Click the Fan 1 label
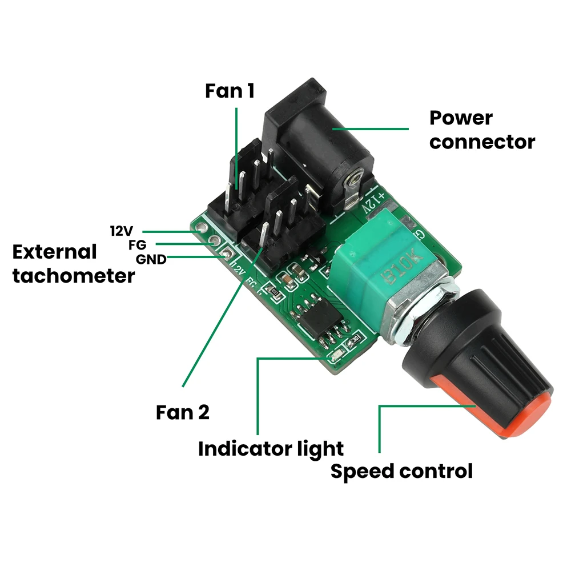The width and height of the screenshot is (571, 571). click(230, 91)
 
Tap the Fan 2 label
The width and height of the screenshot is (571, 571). click(183, 412)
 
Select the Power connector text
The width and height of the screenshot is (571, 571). click(482, 130)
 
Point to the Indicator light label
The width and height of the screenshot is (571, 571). click(271, 449)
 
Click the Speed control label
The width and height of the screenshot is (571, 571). click(402, 472)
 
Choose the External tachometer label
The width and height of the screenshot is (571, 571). click(73, 264)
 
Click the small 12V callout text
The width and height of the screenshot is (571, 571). click(121, 231)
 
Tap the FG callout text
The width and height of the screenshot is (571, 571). click(138, 246)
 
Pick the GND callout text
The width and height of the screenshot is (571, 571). click(151, 260)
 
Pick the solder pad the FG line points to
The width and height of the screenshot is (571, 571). click(214, 242)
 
